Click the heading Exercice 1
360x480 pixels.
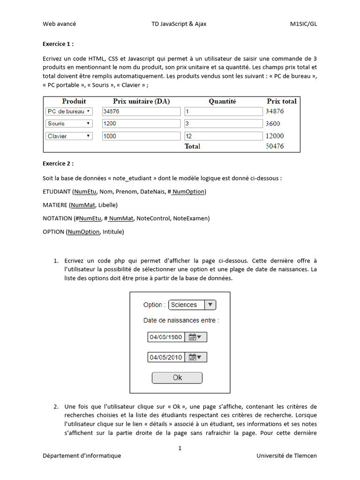[x=58, y=44]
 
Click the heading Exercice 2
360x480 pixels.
[x=58, y=164]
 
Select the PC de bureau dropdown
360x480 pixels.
[x=69, y=111]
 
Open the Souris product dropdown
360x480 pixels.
[x=69, y=123]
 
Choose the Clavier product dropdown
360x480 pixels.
[x=69, y=136]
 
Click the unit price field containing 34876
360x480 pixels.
[x=141, y=111]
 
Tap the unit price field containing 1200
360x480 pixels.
[x=141, y=123]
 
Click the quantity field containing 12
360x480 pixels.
[x=224, y=136]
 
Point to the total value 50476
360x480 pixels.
[x=275, y=146]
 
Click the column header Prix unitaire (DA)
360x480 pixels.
[x=141, y=101]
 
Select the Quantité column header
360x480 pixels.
[x=222, y=101]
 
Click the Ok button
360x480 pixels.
[x=177, y=377]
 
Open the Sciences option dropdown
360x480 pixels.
[x=192, y=305]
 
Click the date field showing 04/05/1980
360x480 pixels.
[x=166, y=337]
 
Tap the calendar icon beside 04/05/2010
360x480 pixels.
[x=195, y=357]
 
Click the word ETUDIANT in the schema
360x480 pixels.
[x=57, y=192]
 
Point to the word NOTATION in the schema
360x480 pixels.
[x=57, y=218]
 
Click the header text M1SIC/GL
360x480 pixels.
[x=303, y=24]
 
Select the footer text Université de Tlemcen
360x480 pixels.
[x=286, y=456]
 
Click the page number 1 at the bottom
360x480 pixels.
[x=180, y=448]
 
